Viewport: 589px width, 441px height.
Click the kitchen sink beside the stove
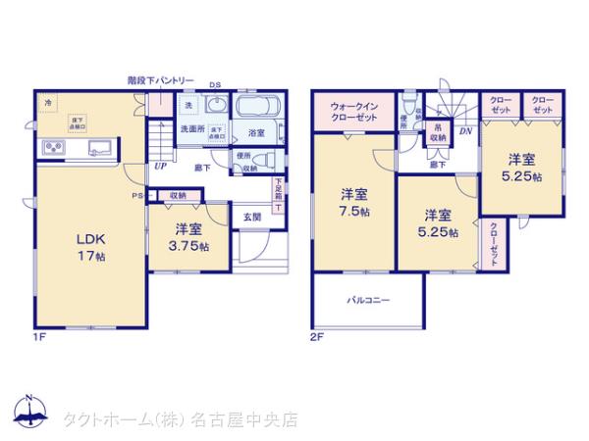(x=99, y=149)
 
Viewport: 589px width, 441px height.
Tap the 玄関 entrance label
(x=251, y=217)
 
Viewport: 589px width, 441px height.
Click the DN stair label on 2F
(x=464, y=131)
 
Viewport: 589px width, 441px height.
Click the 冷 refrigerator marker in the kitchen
(x=47, y=101)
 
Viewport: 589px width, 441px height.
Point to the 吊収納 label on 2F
(x=437, y=132)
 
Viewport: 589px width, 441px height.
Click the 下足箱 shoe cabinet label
(x=278, y=192)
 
